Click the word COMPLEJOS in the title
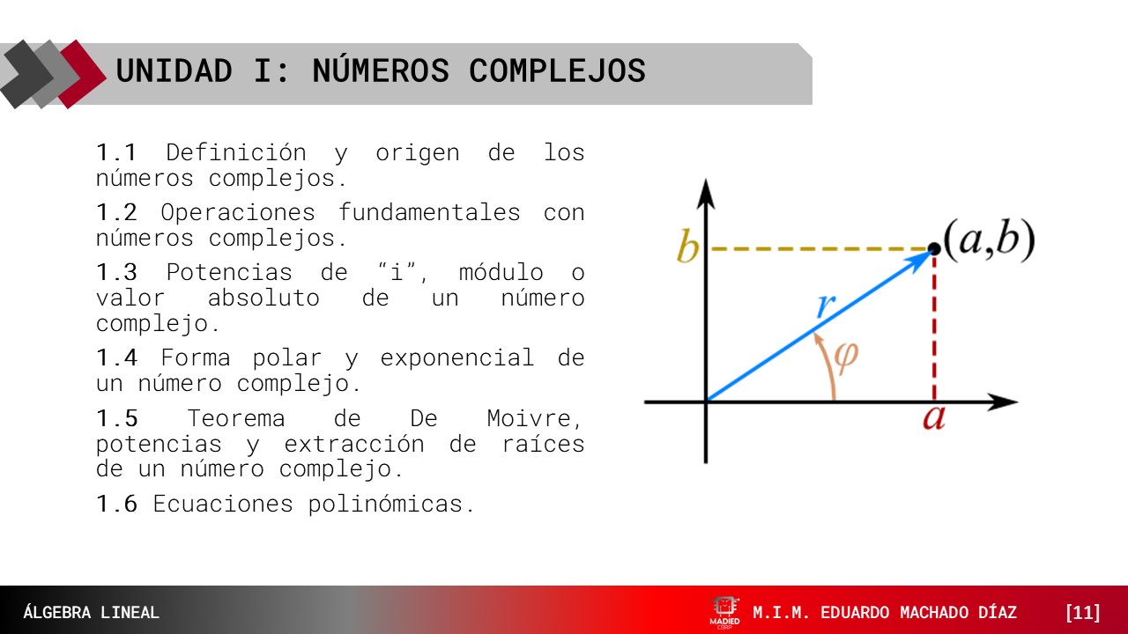pos(557,71)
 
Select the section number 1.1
pos(117,152)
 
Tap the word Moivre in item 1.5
pos(534,418)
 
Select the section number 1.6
pos(117,505)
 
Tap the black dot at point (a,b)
pos(934,249)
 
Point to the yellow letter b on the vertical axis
pos(686,248)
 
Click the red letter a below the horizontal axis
pos(933,417)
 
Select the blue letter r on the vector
pos(825,306)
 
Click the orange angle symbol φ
pos(845,357)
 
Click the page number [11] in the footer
pos(1082,613)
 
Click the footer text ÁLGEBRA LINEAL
pos(92,613)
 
